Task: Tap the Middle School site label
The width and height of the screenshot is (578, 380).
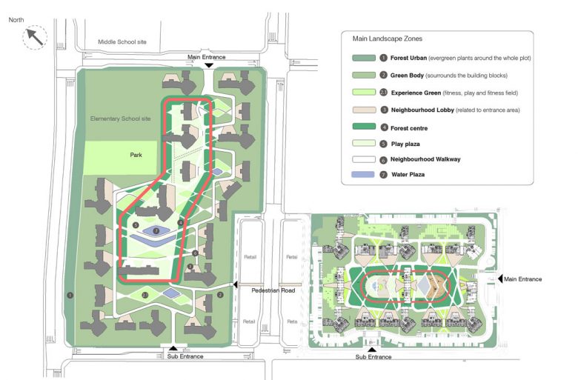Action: click(122, 42)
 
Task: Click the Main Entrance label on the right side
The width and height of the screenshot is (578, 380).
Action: click(525, 279)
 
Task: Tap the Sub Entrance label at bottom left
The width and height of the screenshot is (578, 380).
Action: click(186, 356)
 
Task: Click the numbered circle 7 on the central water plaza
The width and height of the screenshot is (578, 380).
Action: click(156, 231)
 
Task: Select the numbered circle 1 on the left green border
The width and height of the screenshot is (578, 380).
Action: click(70, 295)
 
